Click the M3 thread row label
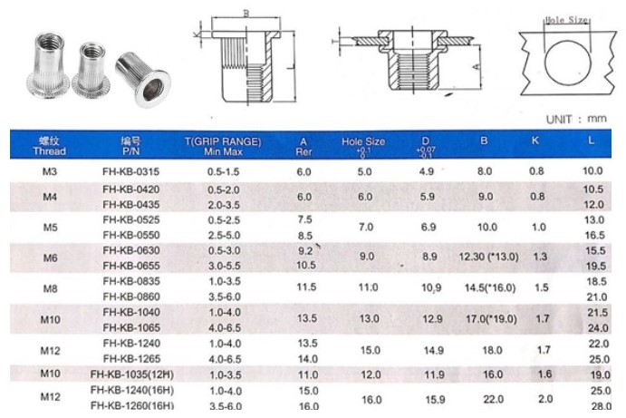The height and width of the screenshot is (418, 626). click(x=51, y=170)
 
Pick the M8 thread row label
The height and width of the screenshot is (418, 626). click(x=51, y=288)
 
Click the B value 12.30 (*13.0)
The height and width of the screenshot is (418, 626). click(x=489, y=258)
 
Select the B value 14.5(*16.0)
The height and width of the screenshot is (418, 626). click(x=489, y=288)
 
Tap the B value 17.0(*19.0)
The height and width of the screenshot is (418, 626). click(x=489, y=319)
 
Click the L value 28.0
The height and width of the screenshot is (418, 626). click(x=593, y=406)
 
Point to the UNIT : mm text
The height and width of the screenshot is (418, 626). click(x=575, y=119)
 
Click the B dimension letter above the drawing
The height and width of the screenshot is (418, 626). click(x=246, y=14)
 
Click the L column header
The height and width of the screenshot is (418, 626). click(x=592, y=142)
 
